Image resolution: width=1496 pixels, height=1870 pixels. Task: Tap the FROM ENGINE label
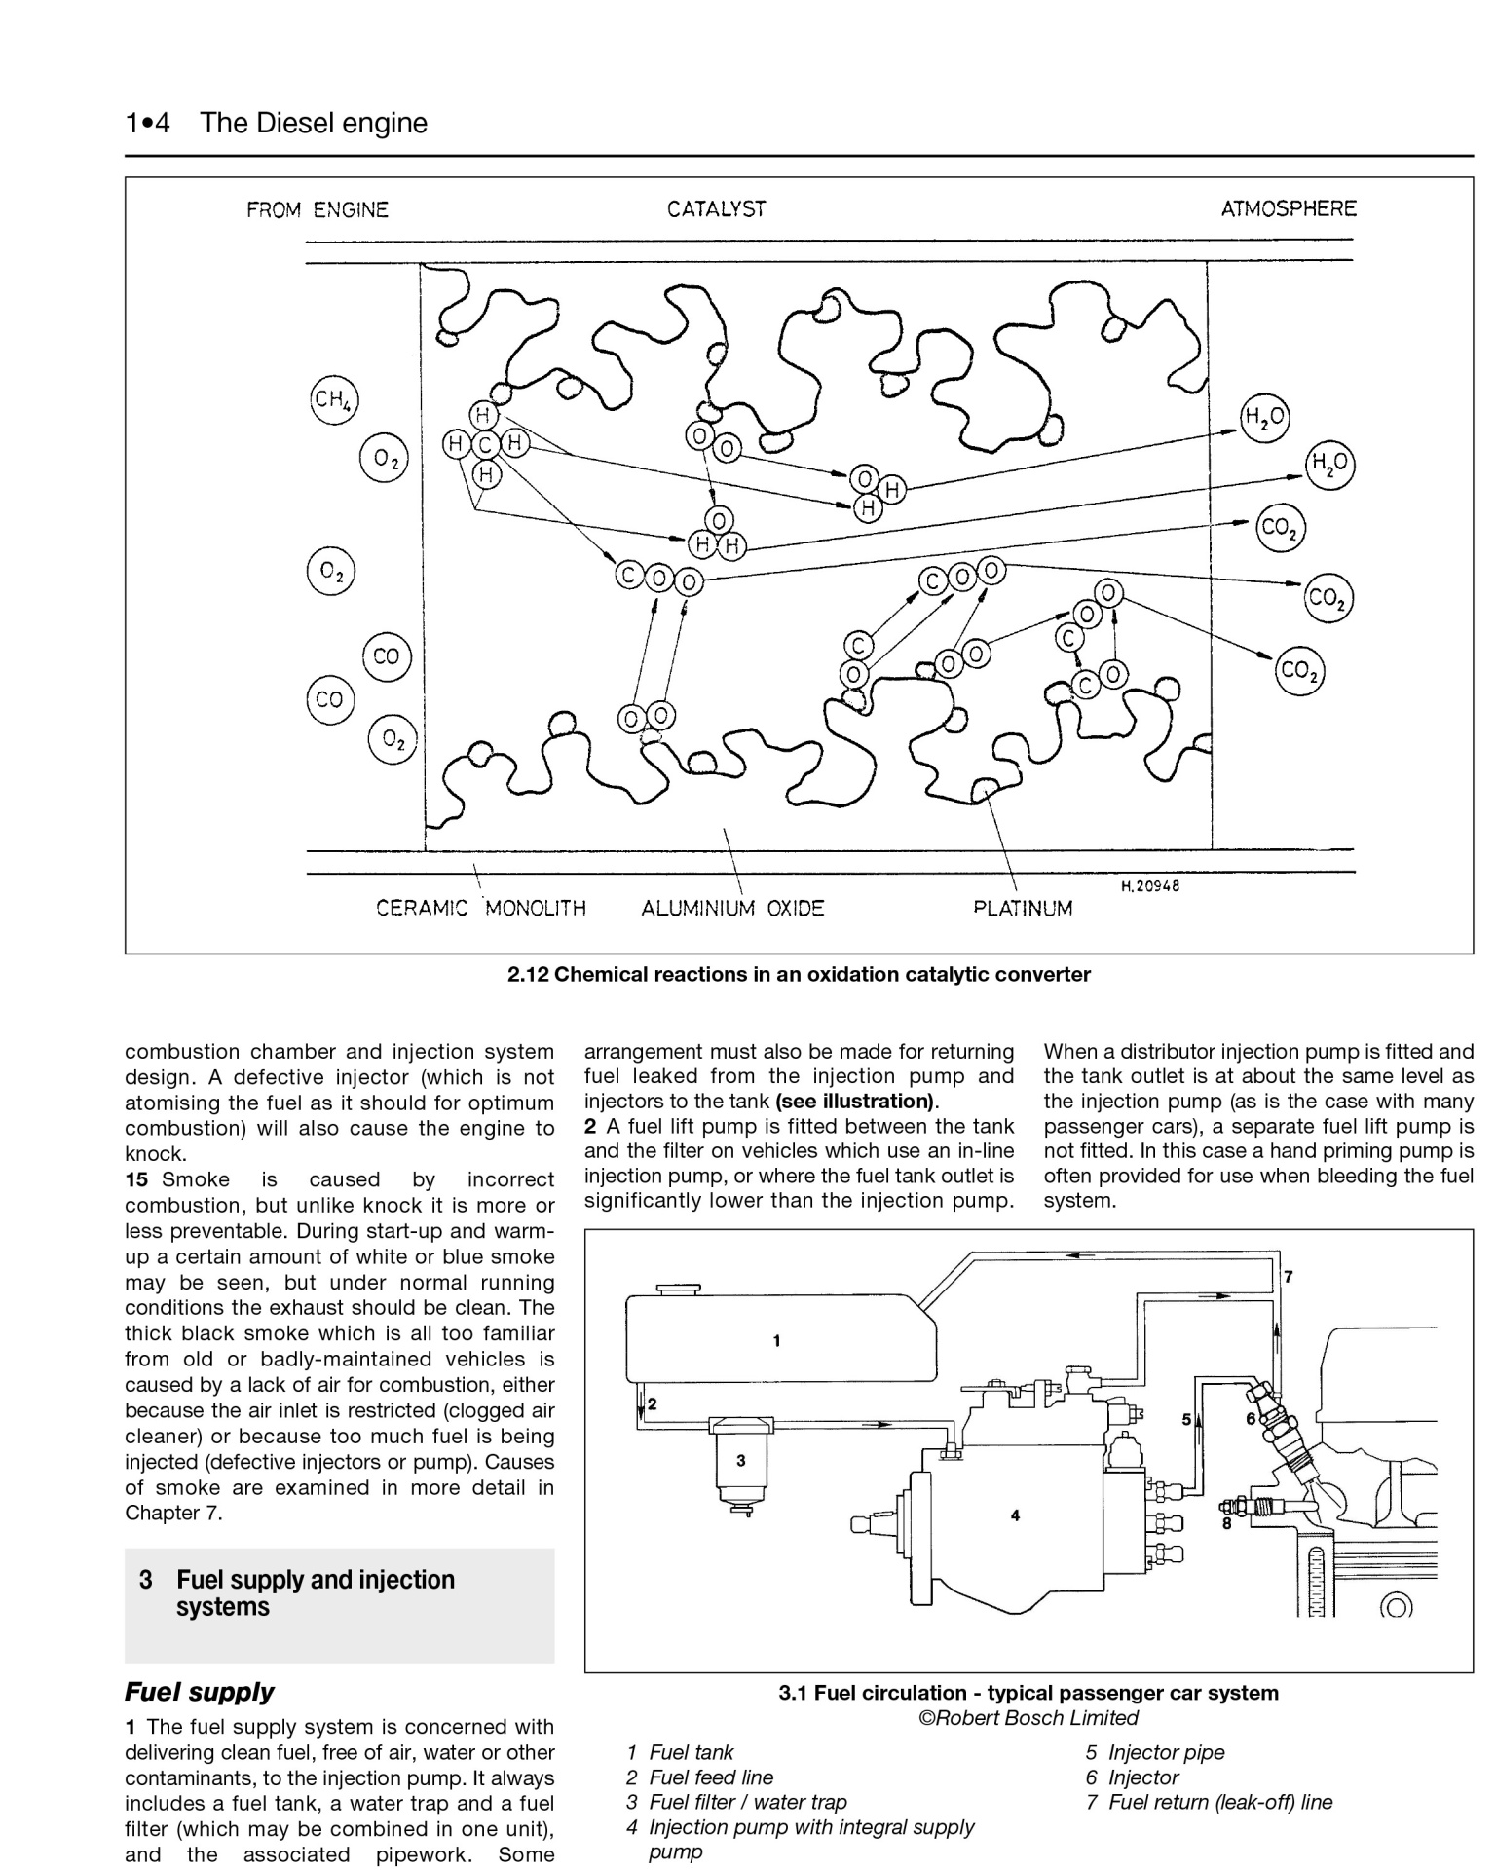[x=318, y=209]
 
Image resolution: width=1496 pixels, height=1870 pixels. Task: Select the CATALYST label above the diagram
[x=716, y=209]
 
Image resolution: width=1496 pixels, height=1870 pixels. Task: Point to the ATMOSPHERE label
[x=1289, y=208]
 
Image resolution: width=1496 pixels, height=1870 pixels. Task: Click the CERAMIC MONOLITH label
[x=481, y=909]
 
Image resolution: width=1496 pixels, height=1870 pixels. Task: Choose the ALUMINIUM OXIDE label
[x=732, y=909]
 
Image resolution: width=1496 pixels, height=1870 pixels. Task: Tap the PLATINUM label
[x=1023, y=909]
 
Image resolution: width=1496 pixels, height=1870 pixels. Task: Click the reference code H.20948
[x=1150, y=886]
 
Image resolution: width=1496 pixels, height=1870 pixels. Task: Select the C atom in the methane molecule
[x=485, y=445]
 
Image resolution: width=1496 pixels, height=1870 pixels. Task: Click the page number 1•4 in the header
[x=147, y=124]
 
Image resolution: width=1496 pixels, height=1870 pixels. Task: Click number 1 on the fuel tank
[x=776, y=1341]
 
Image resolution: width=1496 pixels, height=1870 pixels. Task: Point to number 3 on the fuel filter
[x=741, y=1460]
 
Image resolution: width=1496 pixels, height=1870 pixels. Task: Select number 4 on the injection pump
[x=1015, y=1515]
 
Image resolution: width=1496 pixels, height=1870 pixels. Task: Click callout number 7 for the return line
[x=1289, y=1276]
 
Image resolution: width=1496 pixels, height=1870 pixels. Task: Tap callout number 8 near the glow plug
[x=1227, y=1523]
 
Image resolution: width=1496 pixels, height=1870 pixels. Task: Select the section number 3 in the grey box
[x=146, y=1580]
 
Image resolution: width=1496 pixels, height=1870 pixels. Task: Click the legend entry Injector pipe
[x=1166, y=1752]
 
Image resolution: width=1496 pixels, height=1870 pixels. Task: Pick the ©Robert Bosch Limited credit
[x=1028, y=1718]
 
